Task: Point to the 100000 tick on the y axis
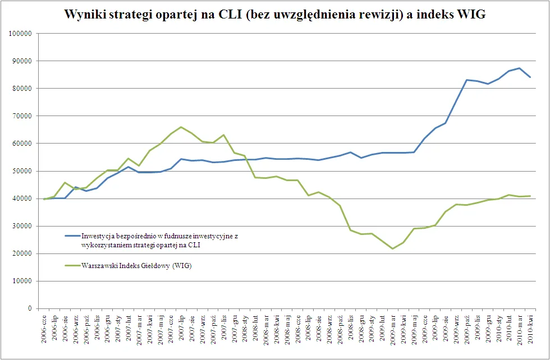[x=21, y=33]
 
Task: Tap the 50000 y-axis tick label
[x=22, y=171]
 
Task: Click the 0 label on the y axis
[x=30, y=308]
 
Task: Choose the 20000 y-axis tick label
[x=22, y=253]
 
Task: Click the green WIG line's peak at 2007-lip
[x=181, y=127]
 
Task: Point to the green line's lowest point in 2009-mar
[x=392, y=248]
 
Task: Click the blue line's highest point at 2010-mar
[x=519, y=68]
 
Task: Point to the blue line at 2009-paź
[x=466, y=80]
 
